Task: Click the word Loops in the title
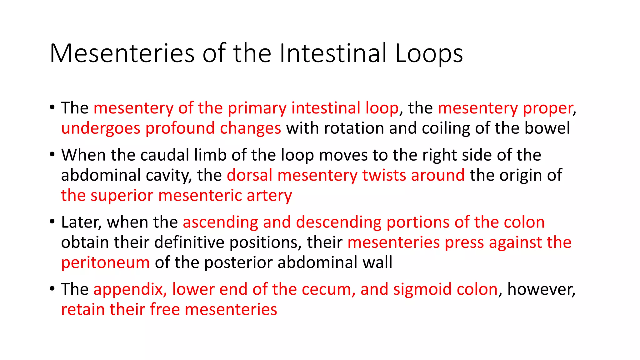point(429,54)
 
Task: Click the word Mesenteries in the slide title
point(122,54)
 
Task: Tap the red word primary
point(257,108)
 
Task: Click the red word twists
point(384,175)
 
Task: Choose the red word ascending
point(220,222)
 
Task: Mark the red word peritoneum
point(105,262)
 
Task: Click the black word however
point(541,289)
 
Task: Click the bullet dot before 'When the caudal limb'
point(52,154)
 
